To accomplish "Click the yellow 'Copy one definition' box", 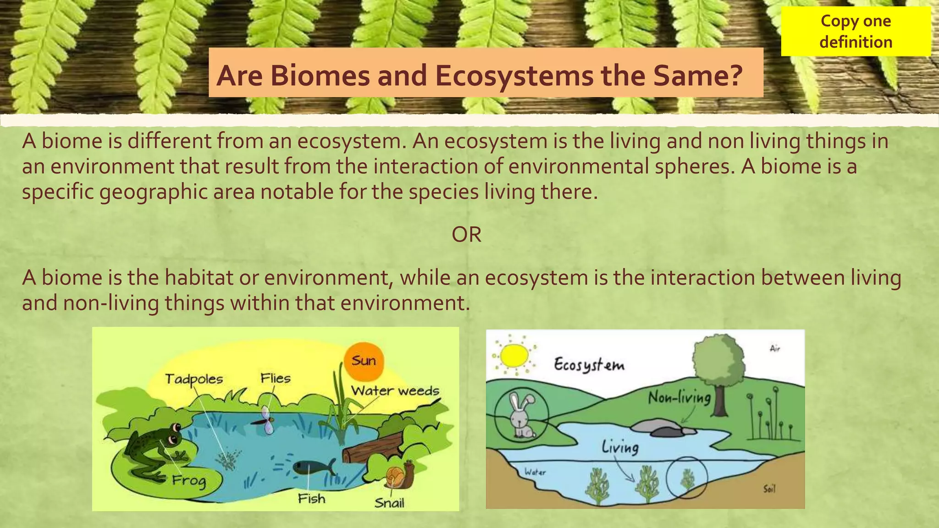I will point(856,31).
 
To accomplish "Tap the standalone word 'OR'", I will point(466,235).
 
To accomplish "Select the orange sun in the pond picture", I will point(364,362).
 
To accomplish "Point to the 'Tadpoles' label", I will point(194,379).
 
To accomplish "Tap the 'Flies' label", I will point(276,378).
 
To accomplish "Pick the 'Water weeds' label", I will point(395,391).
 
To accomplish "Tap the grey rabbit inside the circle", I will point(522,415).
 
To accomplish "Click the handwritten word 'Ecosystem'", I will point(589,365).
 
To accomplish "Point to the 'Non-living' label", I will point(679,397).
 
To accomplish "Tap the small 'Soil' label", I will point(769,489).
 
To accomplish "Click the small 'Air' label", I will point(774,349).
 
